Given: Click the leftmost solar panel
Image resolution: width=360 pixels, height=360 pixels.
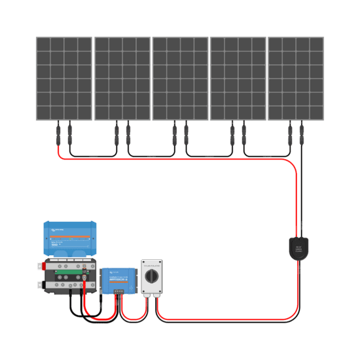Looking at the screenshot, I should click(64, 79).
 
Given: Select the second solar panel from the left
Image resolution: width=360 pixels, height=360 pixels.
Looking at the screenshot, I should click(122, 79).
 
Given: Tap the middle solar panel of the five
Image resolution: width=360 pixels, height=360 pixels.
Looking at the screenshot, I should click(180, 79).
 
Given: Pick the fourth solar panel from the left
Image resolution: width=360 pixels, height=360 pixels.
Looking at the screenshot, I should click(238, 79).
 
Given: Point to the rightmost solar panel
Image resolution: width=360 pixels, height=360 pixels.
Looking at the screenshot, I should click(296, 79).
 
